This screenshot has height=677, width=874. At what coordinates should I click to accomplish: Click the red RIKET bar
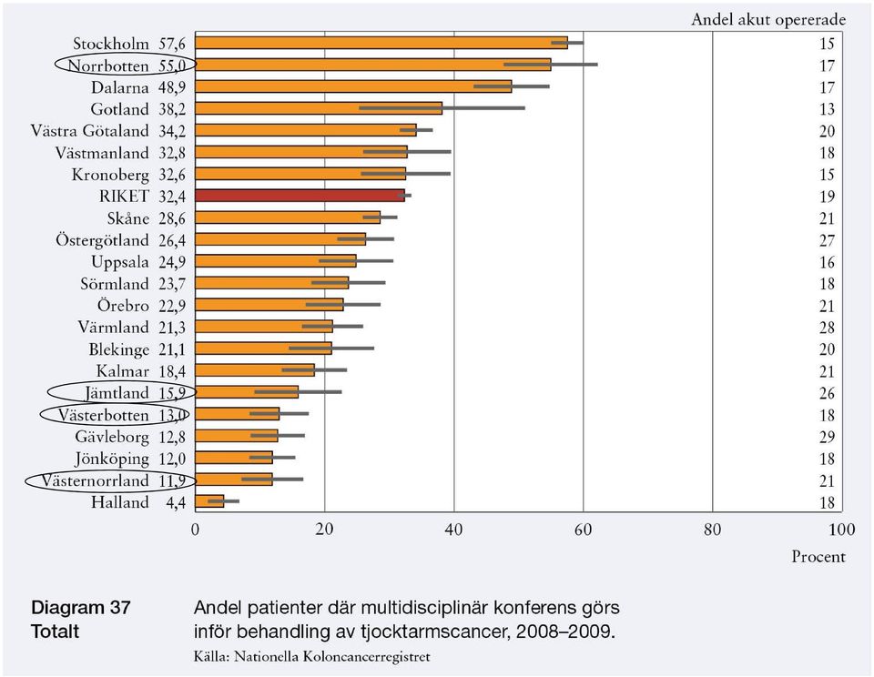click(300, 196)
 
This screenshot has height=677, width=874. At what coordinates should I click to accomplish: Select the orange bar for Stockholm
click(381, 43)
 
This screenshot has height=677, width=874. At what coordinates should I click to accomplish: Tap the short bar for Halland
click(209, 501)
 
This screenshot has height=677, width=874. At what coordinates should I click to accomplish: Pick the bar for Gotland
click(319, 108)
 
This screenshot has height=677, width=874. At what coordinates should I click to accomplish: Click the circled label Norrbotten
click(108, 66)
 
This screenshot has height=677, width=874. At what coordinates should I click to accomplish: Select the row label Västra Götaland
click(90, 131)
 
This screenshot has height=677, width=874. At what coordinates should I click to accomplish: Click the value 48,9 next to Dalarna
click(172, 87)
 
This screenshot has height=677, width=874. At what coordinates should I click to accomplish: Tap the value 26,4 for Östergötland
click(172, 240)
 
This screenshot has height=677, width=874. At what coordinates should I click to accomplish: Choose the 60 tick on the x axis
click(583, 529)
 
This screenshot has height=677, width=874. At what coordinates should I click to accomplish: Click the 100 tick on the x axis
click(841, 529)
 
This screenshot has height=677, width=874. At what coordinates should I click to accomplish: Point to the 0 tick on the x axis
click(195, 529)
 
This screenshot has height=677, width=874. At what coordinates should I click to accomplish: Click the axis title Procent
click(818, 557)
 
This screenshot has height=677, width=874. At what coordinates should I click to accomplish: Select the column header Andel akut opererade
click(768, 19)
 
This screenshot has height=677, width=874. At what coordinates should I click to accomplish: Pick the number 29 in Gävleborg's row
click(827, 437)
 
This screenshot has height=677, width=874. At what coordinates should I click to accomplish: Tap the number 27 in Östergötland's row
click(827, 240)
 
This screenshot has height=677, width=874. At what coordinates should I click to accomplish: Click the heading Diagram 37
click(81, 607)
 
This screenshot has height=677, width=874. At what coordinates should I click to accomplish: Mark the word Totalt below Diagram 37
click(56, 632)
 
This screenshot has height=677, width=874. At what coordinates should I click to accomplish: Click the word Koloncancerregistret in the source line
click(366, 656)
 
